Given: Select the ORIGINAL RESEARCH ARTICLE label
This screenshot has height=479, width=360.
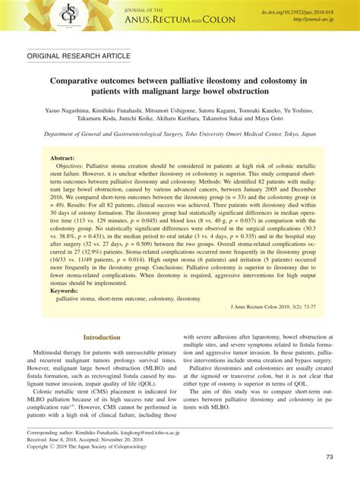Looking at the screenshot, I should point(77,56).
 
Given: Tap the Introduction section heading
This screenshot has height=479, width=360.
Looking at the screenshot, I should point(102,338).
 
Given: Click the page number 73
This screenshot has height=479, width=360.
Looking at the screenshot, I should point(329,457).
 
